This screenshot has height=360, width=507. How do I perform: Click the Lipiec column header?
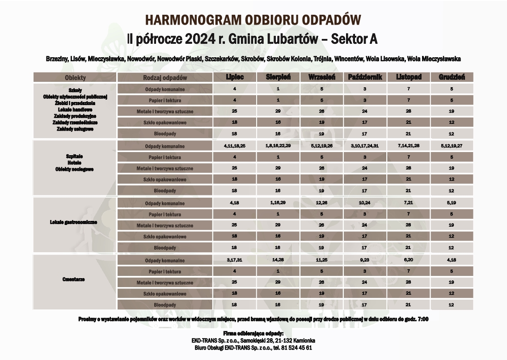[235, 77]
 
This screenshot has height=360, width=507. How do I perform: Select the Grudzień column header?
[452, 77]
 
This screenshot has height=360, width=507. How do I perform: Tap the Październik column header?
[365, 77]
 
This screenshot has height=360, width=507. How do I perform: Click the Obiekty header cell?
[75, 77]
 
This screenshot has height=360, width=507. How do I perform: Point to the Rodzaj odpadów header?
[165, 77]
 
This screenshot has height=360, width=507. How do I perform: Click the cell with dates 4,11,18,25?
[235, 146]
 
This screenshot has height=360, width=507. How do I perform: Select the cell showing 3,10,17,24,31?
[365, 146]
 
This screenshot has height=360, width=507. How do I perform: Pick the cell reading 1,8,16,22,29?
[278, 146]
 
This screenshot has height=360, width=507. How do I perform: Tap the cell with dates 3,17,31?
[235, 260]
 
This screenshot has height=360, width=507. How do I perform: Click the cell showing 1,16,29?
[278, 203]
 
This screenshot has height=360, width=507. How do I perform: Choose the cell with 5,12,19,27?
[452, 146]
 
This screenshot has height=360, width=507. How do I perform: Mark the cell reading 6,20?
[408, 260]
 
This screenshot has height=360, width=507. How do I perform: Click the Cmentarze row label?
[75, 280]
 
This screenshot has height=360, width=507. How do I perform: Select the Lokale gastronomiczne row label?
[75, 222]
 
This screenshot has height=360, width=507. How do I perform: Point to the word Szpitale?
[75, 157]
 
